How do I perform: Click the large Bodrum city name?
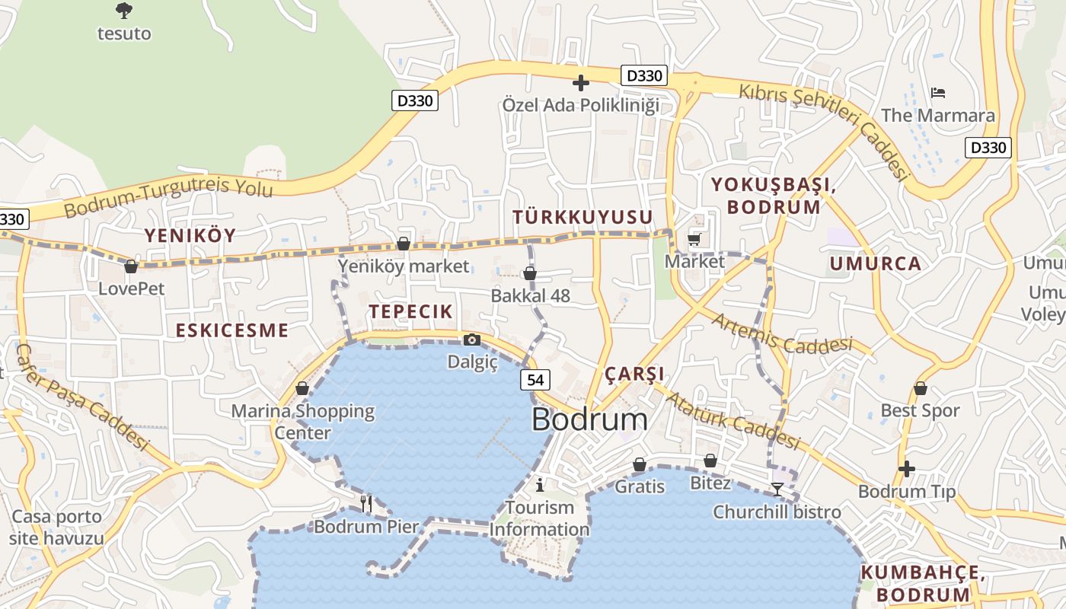tap(589, 419)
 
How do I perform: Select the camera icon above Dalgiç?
tap(472, 340)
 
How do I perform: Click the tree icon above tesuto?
tap(123, 11)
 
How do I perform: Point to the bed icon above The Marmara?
tap(938, 93)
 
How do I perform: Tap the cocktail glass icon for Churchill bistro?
tap(777, 489)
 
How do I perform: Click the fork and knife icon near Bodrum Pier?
tap(366, 502)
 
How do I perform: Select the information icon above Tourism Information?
tap(540, 484)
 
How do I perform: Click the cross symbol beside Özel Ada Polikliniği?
tap(581, 82)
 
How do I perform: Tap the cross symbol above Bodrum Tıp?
tap(906, 468)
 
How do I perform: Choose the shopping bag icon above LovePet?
tap(131, 266)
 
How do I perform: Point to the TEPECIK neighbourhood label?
tap(410, 311)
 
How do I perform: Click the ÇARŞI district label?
tap(634, 374)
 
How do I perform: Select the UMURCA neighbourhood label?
tap(875, 264)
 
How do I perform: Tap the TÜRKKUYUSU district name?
tap(582, 218)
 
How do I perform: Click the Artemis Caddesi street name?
tap(782, 335)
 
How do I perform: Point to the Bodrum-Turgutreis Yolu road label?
tap(168, 196)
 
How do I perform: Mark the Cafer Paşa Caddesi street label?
tap(81, 396)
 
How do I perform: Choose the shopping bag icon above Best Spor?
tap(920, 388)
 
